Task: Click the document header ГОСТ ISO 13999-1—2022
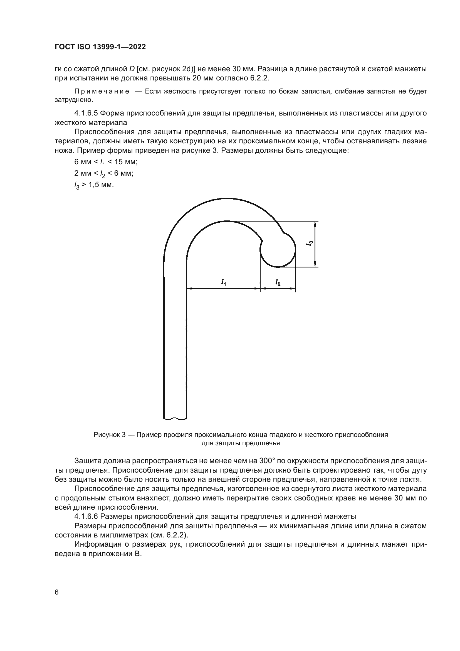tap(100, 47)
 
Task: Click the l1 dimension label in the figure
tap(224, 282)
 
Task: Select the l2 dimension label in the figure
tap(278, 282)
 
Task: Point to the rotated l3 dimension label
tap(310, 243)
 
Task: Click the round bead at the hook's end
tap(278, 249)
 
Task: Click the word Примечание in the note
tap(102, 92)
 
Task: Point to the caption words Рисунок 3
tap(109, 435)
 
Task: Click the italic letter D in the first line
tap(132, 69)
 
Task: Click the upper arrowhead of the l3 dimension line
tap(315, 224)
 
